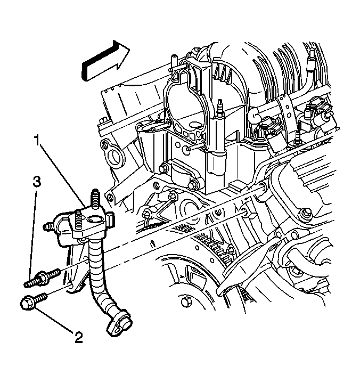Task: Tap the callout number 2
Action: (x=79, y=338)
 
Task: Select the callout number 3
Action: (x=37, y=183)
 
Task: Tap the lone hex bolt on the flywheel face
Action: (x=186, y=302)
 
